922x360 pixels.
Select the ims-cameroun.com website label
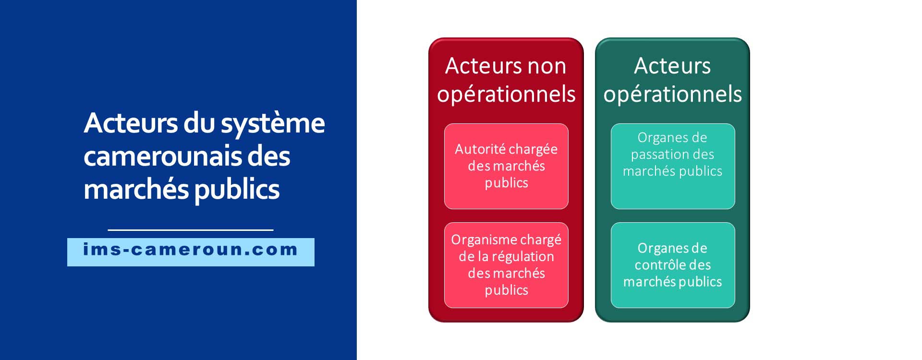(x=191, y=252)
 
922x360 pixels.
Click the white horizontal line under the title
(x=191, y=230)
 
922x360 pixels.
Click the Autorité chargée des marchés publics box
(x=506, y=166)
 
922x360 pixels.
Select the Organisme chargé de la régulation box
(x=506, y=265)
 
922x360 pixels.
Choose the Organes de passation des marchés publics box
(x=673, y=166)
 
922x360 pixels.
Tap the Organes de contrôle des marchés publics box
(x=673, y=265)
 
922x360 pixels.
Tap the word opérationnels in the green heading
(x=673, y=95)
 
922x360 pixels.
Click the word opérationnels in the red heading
(x=506, y=95)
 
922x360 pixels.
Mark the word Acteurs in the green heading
(x=672, y=66)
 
